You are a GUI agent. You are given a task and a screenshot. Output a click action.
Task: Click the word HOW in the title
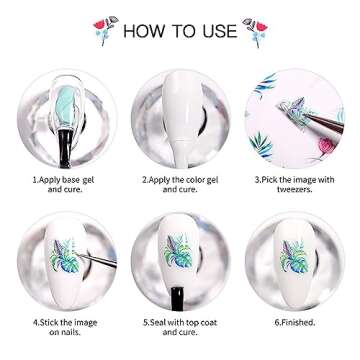click(145, 31)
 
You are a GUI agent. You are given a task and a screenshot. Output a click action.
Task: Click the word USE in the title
click(220, 31)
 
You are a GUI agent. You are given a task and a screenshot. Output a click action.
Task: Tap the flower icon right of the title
click(255, 32)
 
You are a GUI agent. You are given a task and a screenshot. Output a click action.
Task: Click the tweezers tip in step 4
click(77, 254)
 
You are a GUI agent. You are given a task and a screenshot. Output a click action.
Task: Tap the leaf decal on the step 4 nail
click(66, 256)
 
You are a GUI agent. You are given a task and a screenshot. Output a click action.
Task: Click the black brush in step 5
click(177, 298)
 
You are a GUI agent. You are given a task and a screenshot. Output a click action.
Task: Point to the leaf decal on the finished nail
click(293, 257)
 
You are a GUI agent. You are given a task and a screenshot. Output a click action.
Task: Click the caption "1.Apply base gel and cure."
click(63, 184)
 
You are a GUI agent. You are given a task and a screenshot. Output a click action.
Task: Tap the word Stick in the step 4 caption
click(50, 323)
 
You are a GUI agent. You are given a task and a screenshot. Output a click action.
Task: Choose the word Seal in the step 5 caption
click(158, 323)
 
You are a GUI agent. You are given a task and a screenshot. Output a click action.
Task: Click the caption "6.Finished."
click(295, 323)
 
